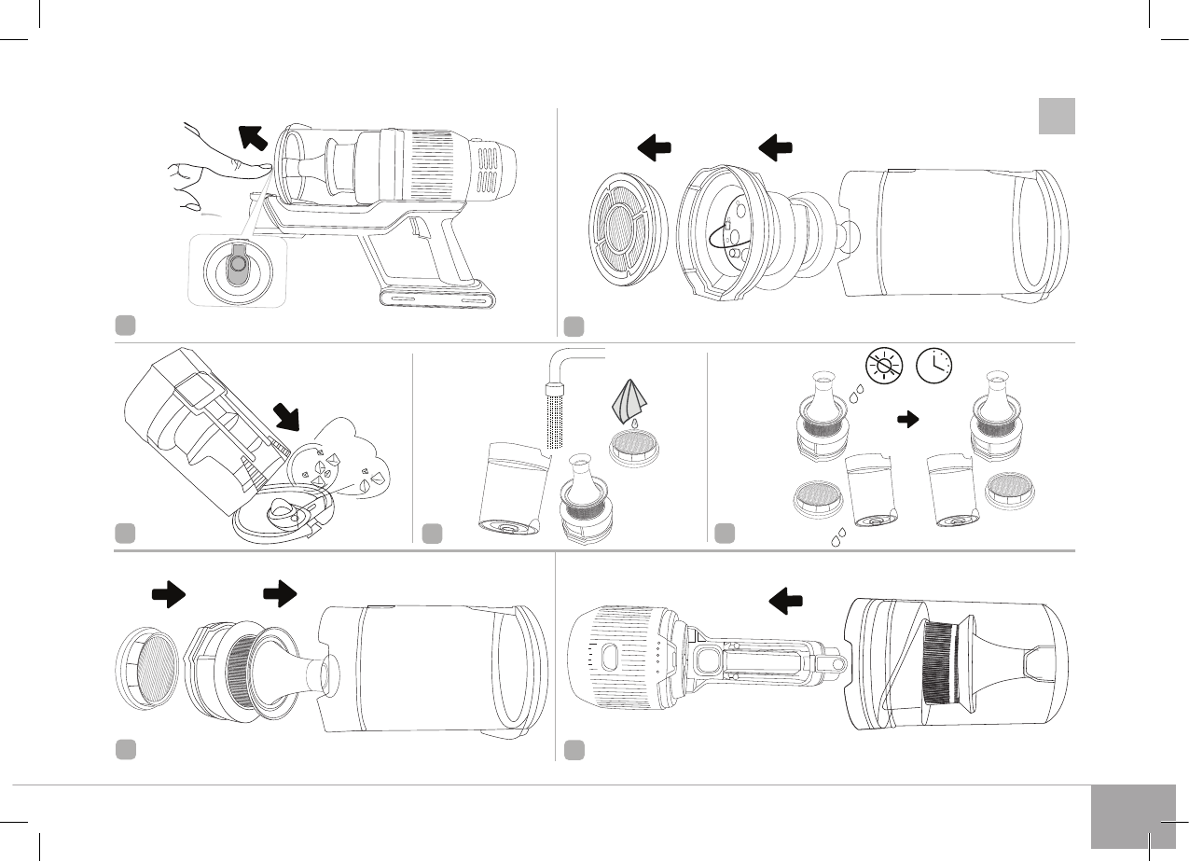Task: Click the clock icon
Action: coord(934,366)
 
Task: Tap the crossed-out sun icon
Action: coord(882,366)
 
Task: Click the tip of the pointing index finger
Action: coord(267,166)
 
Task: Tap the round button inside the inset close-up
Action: coord(237,266)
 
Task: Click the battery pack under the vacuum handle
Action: coord(436,298)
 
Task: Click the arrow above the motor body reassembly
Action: coord(786,602)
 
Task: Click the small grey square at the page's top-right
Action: coord(1057,116)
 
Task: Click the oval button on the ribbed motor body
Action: coord(606,655)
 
